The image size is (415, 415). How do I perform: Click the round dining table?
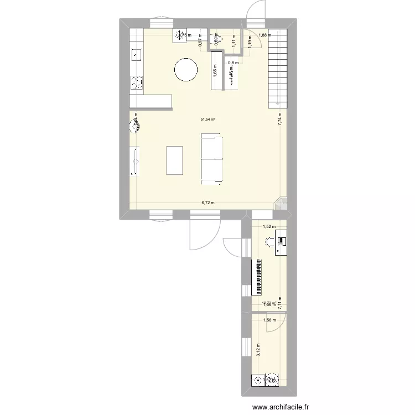(x=185, y=70)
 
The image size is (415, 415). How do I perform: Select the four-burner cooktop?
(x=136, y=83)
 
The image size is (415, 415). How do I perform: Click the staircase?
(x=278, y=66)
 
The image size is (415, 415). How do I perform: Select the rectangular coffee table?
(x=174, y=160)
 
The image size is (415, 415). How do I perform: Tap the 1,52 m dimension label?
(x=268, y=226)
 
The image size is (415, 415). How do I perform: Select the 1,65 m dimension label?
(x=214, y=70)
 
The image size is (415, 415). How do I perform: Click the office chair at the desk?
(x=270, y=241)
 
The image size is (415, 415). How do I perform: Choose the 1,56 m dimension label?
(x=269, y=320)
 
